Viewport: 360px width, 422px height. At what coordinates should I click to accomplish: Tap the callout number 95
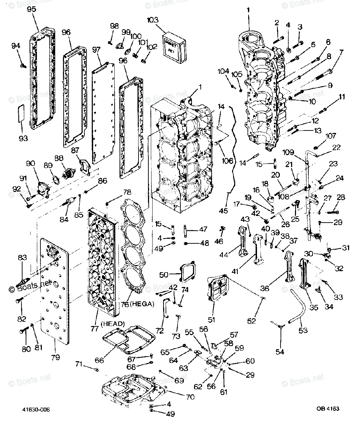pyautogui.click(x=32, y=9)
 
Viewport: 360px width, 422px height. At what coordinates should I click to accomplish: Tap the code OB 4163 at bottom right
pyautogui.click(x=327, y=409)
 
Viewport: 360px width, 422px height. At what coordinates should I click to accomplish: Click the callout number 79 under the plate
pyautogui.click(x=55, y=357)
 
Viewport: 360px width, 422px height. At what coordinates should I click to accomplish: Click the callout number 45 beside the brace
pyautogui.click(x=223, y=211)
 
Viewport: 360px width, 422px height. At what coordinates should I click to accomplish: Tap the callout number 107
pyautogui.click(x=331, y=136)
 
